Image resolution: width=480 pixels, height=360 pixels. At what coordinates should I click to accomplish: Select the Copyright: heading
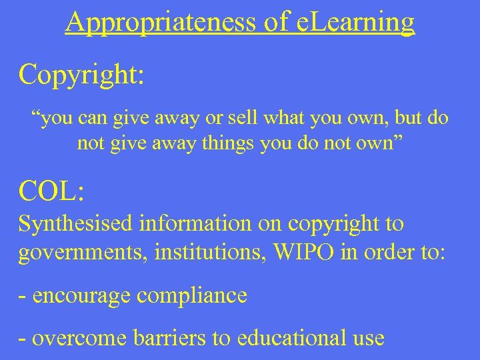tap(81, 75)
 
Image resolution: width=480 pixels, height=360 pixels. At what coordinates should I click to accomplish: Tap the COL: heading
tap(51, 191)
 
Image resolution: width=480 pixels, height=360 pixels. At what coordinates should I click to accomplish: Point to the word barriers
tap(157, 337)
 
